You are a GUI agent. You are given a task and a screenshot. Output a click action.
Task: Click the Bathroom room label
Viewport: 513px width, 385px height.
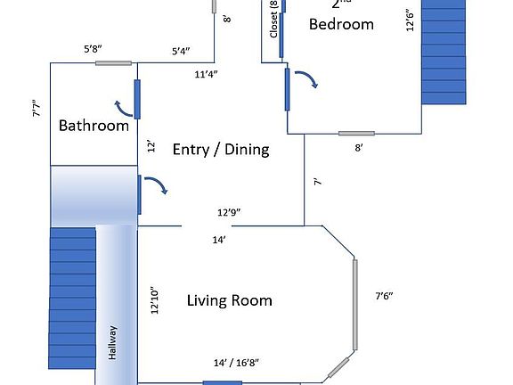94,126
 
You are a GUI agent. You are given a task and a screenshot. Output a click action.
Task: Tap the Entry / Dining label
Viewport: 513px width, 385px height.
221,149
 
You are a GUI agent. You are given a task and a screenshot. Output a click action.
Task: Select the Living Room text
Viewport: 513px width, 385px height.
229,300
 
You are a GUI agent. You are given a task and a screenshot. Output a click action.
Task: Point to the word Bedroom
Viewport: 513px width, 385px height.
341,24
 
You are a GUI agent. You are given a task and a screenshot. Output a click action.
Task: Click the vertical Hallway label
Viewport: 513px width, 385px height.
113,341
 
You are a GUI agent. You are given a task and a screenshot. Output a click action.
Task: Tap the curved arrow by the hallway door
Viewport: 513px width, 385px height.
158,185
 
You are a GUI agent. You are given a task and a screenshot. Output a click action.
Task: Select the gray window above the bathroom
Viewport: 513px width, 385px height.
114,63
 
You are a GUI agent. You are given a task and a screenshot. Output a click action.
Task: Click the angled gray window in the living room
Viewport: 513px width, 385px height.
338,365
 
